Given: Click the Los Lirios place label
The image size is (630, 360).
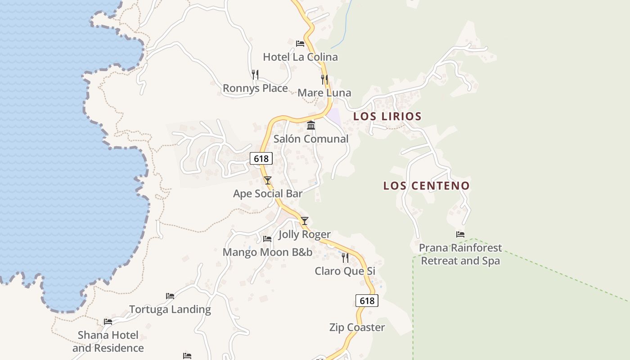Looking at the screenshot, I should [387, 116].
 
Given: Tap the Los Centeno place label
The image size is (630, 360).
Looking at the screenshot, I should [426, 185].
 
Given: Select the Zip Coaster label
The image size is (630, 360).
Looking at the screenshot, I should [357, 327].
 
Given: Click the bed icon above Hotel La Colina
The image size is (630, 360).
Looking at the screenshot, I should [300, 44].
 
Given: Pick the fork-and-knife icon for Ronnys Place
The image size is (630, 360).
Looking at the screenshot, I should [255, 74].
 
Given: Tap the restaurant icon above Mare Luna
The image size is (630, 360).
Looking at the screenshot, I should [324, 80].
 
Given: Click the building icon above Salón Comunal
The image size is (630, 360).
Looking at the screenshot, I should [311, 125].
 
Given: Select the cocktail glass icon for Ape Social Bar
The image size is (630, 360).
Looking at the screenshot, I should [268, 180].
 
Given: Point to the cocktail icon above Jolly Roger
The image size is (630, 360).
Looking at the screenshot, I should [305, 221].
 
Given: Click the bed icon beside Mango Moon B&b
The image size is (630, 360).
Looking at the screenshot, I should [267, 239].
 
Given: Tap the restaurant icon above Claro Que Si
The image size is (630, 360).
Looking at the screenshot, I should [345, 258].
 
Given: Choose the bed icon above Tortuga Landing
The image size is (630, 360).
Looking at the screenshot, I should [170, 296].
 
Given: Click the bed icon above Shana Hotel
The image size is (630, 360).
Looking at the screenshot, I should [108, 322].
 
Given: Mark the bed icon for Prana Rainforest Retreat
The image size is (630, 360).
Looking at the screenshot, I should [460, 234].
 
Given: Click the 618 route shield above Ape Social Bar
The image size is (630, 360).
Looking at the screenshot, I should [261, 158].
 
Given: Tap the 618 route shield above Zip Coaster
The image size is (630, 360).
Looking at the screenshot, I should [367, 301].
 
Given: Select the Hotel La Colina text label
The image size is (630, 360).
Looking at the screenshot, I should [300, 57].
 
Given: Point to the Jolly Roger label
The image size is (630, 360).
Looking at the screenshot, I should [304, 234].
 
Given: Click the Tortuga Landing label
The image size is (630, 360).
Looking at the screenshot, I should [170, 310].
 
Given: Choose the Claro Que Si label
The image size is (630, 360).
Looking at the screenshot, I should [345, 271].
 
